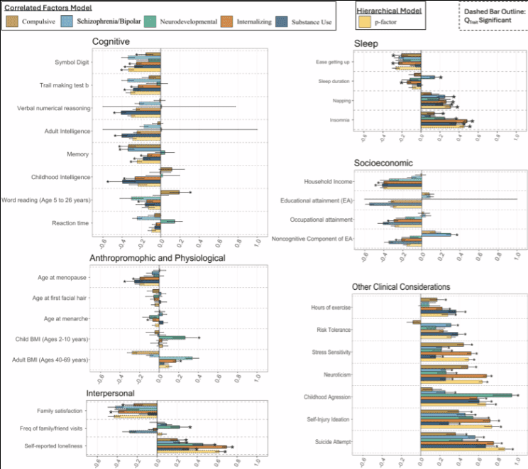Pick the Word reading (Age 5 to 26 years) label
tap(45, 200)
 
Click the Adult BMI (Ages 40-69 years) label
tap(50, 360)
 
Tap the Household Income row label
tap(327, 181)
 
